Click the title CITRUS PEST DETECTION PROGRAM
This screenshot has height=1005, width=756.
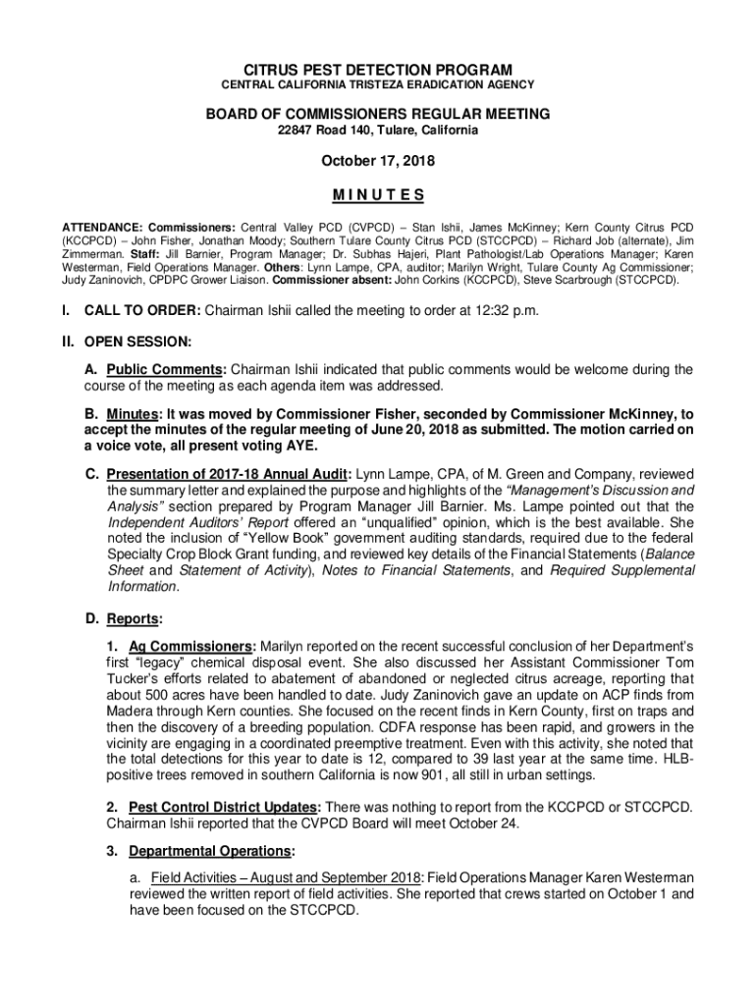(x=378, y=70)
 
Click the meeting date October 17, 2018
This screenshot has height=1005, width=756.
(x=378, y=162)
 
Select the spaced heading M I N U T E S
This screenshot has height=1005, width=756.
(x=378, y=193)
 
